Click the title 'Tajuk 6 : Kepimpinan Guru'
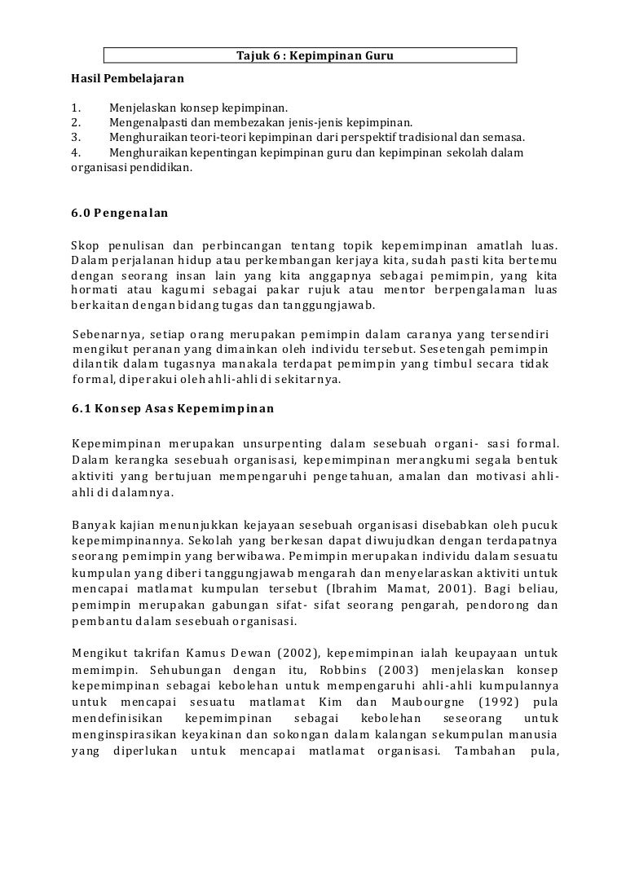[x=310, y=55]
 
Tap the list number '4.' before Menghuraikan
[x=76, y=153]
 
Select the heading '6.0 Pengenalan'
[x=119, y=214]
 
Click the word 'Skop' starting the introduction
[x=85, y=245]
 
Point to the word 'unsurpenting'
[x=279, y=444]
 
